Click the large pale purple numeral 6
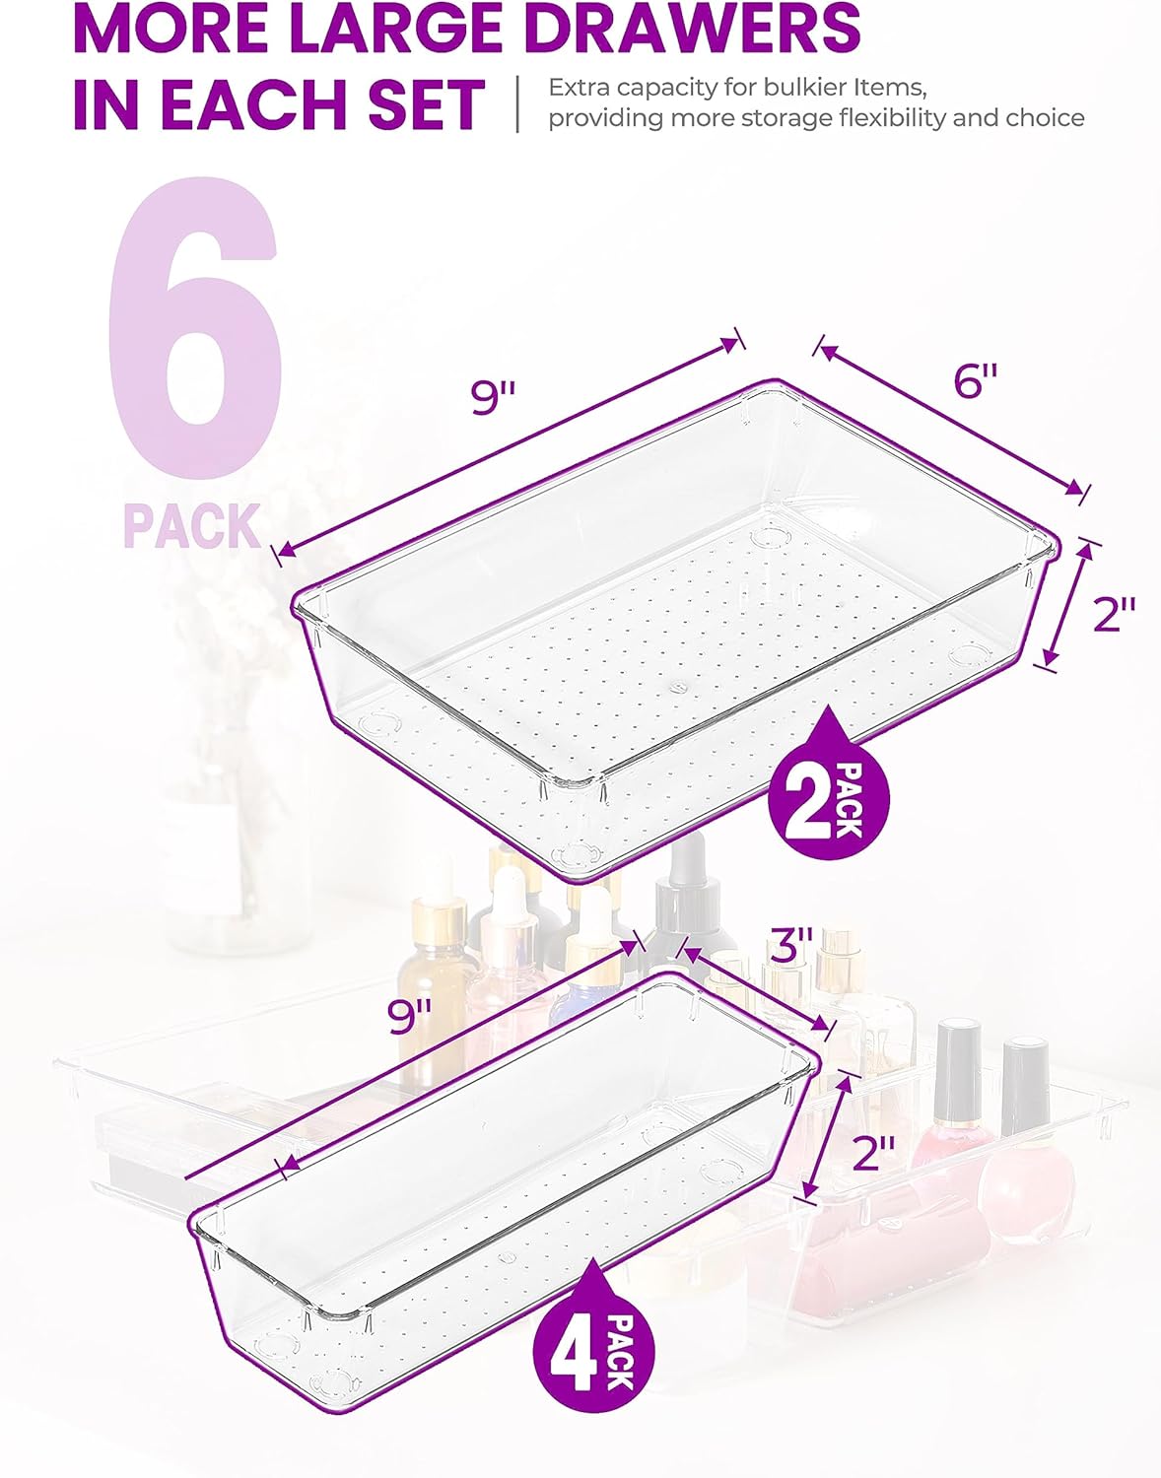195,326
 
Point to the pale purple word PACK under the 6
192,525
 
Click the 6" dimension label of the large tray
976,382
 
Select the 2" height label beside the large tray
1115,614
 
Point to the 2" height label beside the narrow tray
873,1152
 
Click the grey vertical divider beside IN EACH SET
518,103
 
